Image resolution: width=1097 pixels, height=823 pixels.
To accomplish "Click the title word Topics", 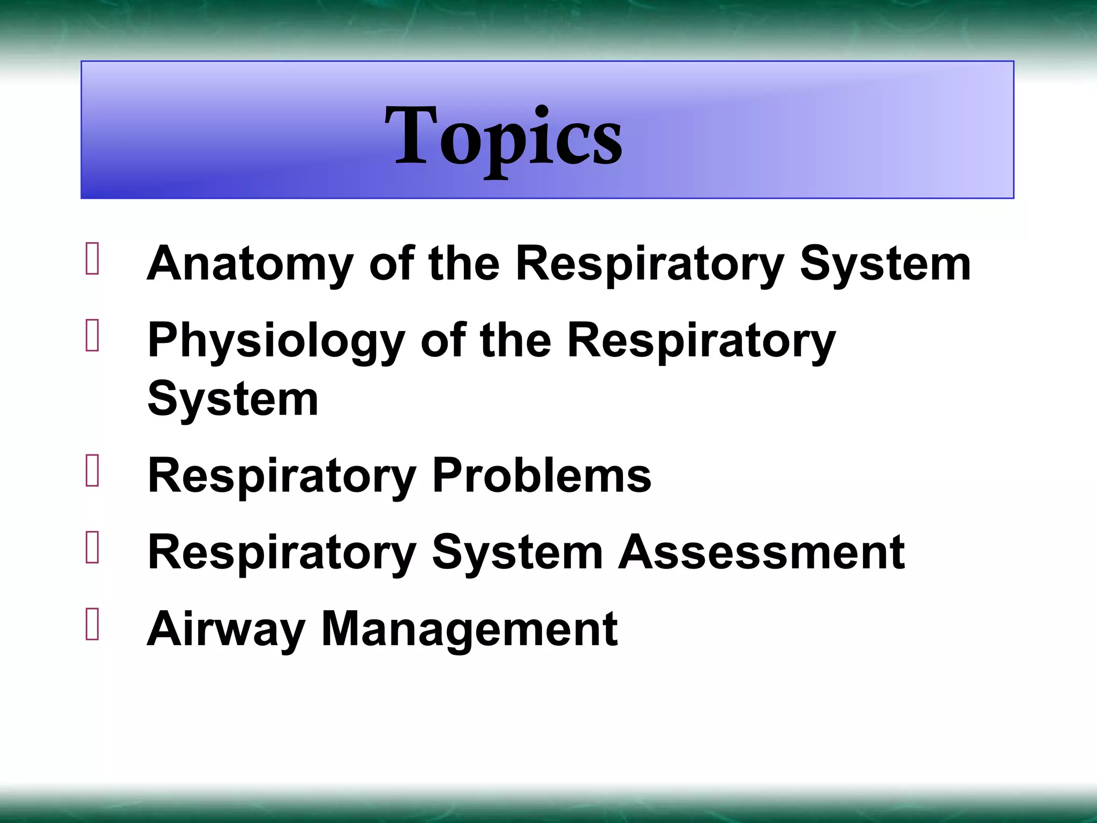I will [x=504, y=137].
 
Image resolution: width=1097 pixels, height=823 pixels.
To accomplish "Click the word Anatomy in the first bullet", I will [x=250, y=264].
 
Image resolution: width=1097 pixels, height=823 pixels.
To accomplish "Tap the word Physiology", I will [x=276, y=341].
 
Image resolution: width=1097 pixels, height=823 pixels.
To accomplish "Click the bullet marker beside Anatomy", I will [x=92, y=259].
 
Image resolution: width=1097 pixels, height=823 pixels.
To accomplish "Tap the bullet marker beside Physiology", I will [x=92, y=336].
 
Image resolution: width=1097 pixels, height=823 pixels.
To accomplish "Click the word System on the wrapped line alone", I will [x=233, y=400].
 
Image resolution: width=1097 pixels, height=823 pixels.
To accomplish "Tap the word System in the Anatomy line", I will [x=885, y=264].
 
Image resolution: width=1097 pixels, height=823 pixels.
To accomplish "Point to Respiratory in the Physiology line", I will [x=701, y=341].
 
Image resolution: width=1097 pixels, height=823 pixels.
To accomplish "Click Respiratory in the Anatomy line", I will [x=650, y=264].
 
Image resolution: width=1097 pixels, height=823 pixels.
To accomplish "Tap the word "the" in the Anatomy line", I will [x=464, y=264].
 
